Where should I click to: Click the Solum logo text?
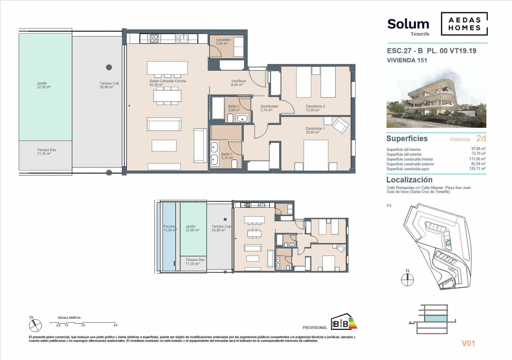pos(408,24)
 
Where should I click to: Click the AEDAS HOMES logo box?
pos(464,24)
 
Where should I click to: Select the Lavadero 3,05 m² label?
pos(223,42)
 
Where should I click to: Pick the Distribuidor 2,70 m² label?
pos(269,108)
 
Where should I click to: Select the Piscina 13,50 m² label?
pos(170,228)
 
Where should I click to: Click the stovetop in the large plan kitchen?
pos(154,38)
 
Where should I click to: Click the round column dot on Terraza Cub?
pos(109,67)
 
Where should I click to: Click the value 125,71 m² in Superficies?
pos(478,168)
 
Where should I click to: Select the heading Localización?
pos(409,180)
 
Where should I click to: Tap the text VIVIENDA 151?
pos(407,60)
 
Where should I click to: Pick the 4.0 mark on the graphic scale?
pos(115,325)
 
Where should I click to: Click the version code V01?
pos(468,343)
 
